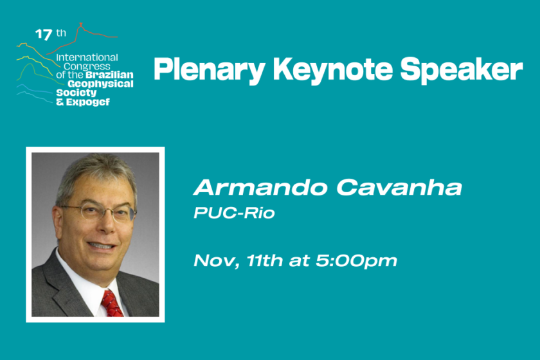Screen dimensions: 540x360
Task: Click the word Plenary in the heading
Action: [209, 70]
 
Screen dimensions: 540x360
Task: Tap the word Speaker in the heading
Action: [462, 70]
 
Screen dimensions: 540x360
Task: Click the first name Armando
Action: [260, 188]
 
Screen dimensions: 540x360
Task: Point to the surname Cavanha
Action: [399, 188]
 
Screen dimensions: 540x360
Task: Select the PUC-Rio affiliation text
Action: [234, 213]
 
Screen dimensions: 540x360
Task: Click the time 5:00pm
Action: [356, 261]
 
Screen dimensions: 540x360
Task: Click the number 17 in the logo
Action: [44, 35]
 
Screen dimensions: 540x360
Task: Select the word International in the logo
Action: [87, 57]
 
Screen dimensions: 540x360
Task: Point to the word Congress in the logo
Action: [87, 66]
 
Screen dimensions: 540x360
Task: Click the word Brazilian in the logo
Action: [109, 75]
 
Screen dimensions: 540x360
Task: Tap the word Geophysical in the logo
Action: [100, 84]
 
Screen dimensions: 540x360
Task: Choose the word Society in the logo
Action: [76, 93]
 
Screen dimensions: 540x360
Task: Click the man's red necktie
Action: [111, 303]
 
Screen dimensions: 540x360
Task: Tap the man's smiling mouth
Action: [102, 246]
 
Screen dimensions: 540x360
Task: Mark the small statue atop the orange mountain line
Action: [81, 24]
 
